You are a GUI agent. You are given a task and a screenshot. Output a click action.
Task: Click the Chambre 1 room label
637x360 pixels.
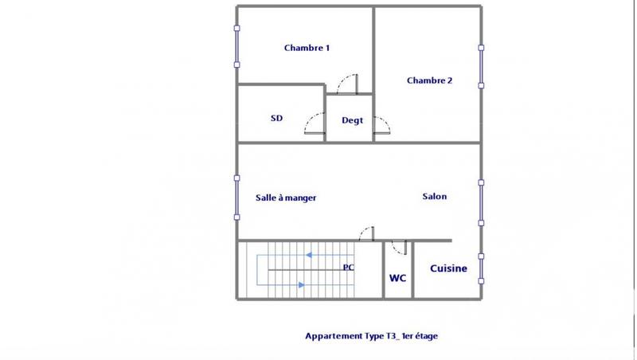click(x=307, y=48)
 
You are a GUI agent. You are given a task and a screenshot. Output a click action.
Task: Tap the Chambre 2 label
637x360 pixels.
click(x=429, y=80)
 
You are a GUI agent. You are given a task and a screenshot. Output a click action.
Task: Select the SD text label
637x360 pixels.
click(x=276, y=119)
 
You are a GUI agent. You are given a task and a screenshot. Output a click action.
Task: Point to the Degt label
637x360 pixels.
click(x=352, y=120)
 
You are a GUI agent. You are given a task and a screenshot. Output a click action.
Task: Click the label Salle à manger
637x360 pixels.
click(x=286, y=198)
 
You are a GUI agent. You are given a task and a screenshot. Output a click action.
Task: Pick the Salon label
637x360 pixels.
click(x=434, y=197)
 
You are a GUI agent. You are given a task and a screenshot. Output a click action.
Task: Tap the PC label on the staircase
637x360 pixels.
click(x=348, y=268)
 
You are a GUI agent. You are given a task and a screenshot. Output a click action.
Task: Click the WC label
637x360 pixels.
click(x=397, y=278)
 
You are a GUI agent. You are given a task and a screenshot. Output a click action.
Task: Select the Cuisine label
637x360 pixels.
click(x=448, y=269)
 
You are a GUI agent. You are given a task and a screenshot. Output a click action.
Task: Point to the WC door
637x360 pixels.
click(x=400, y=247)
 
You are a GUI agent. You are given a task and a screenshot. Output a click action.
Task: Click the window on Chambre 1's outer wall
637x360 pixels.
click(x=236, y=47)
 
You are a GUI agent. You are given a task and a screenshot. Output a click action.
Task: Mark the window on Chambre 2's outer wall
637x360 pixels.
click(x=481, y=66)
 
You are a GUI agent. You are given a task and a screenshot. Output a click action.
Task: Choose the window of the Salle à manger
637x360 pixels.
click(x=236, y=198)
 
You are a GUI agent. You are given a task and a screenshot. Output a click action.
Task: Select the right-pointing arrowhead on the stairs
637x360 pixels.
click(x=300, y=284)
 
